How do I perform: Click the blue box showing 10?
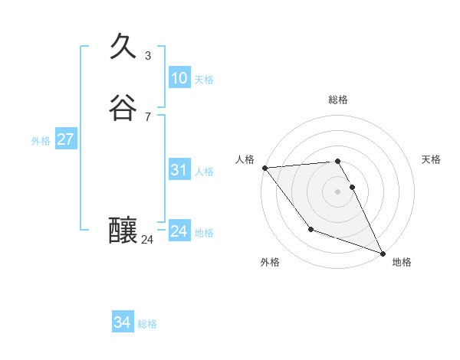pos(179,78)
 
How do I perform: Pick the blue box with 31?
pos(179,170)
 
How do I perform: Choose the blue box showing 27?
pos(65,139)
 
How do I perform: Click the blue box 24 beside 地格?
pos(179,231)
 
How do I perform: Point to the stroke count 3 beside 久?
pos(148,56)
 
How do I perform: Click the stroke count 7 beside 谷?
pos(148,117)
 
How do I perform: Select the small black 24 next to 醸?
pos(147,240)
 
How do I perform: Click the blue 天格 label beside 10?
pos(204,80)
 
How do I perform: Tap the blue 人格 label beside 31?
pos(204,172)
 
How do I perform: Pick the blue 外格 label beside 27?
pos(41,141)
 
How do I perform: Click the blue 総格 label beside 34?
pos(147,325)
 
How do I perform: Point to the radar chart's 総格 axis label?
pos(338,100)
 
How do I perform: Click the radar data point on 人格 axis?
pos(264,167)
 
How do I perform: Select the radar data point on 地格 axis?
pos(383,253)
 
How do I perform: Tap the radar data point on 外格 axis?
pos(310,229)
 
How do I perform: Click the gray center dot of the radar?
pos(338,191)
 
